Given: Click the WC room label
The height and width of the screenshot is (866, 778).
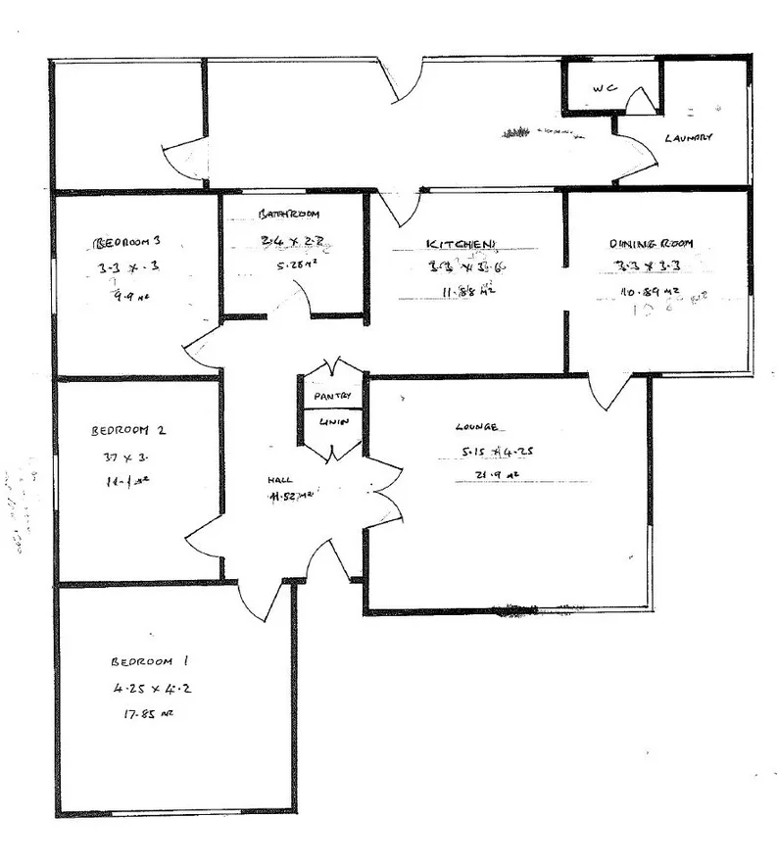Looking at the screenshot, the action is click(602, 89).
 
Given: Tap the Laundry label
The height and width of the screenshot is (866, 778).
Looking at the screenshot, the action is click(687, 138).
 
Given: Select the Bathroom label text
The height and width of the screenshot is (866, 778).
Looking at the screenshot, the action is click(289, 214).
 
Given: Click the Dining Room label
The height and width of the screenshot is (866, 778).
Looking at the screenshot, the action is click(651, 242).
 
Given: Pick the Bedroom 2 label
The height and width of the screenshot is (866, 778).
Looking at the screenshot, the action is click(128, 429).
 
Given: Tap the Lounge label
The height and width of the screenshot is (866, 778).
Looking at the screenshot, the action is click(479, 428).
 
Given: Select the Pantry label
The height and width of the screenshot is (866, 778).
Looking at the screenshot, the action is click(325, 396).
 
